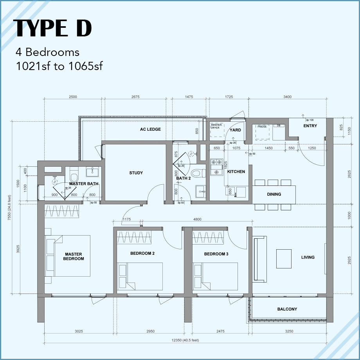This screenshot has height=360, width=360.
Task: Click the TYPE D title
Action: [x=53, y=28]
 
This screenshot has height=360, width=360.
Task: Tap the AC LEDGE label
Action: [x=150, y=129]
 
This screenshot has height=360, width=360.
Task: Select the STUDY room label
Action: [x=136, y=173]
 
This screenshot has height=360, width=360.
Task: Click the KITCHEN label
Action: [x=236, y=171]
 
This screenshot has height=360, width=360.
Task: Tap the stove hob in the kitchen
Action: [x=216, y=167]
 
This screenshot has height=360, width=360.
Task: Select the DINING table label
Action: [x=274, y=194]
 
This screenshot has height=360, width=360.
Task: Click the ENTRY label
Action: [x=310, y=126]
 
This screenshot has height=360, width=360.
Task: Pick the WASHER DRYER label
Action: [x=216, y=126]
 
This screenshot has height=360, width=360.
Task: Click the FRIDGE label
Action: [x=262, y=126]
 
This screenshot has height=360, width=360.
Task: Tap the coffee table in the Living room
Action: [x=284, y=259]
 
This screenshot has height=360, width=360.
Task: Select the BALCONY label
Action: [x=287, y=309]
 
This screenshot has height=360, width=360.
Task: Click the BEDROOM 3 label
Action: [x=216, y=254]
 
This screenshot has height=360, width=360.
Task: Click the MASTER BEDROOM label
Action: [x=74, y=256]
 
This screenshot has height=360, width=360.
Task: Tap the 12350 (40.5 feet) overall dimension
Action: [x=184, y=340]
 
